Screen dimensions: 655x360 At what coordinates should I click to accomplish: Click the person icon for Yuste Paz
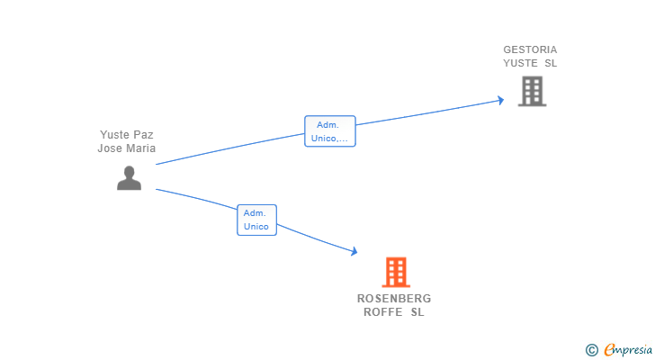point(129,178)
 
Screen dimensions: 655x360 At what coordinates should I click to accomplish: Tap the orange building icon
point(396,272)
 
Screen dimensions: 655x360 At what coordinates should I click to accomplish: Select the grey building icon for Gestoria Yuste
point(533,91)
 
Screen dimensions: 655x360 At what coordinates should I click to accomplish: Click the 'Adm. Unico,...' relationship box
point(330,131)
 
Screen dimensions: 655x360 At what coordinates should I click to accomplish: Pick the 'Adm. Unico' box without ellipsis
point(257,220)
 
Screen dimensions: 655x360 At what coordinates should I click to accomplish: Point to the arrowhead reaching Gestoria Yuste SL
point(501,100)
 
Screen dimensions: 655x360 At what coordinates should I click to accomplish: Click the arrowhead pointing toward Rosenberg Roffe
point(354,251)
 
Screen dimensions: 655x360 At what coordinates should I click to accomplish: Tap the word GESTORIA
point(530,49)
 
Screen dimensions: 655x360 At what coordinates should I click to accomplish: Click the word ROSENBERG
point(394,299)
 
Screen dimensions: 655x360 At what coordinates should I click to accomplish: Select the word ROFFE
point(383,312)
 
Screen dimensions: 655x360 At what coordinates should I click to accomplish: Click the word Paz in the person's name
point(143,134)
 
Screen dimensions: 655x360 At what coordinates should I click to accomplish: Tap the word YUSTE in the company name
point(520,63)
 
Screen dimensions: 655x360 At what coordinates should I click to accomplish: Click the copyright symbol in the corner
point(591,350)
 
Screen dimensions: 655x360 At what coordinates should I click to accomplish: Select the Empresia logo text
point(628,350)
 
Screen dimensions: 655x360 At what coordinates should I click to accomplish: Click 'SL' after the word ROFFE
point(417,312)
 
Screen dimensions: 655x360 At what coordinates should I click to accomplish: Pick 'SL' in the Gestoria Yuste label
point(551,63)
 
